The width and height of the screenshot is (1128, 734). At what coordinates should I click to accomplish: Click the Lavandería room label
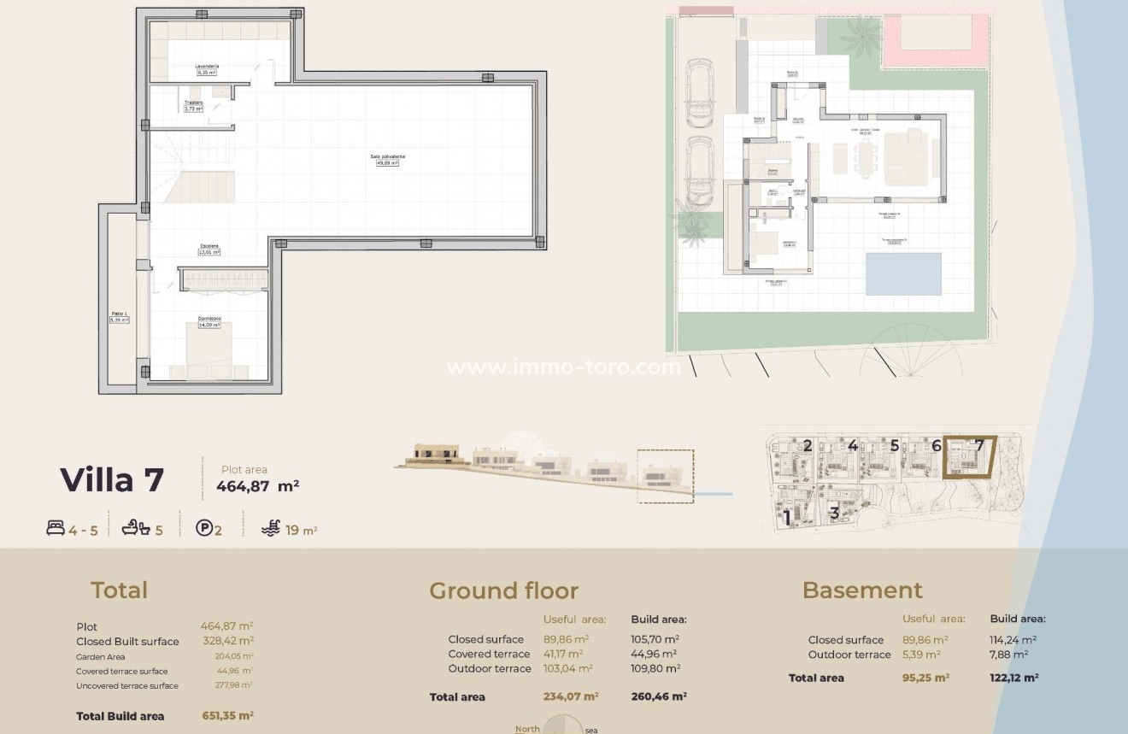click(x=208, y=66)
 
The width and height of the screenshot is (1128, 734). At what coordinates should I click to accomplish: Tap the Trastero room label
click(x=194, y=103)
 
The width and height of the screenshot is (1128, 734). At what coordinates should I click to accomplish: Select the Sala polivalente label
click(x=387, y=156)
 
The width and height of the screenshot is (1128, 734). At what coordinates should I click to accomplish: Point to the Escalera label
click(x=209, y=246)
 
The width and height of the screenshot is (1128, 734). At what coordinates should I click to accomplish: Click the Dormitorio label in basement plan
click(x=209, y=318)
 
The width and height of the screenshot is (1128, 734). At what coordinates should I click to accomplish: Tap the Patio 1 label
click(x=119, y=314)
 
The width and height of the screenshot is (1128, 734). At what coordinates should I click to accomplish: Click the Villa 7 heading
click(x=112, y=480)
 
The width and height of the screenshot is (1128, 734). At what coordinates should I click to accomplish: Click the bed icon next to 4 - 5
click(x=56, y=530)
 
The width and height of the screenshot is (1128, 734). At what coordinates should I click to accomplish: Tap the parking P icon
click(x=204, y=530)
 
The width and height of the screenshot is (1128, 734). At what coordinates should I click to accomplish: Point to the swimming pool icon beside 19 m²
click(x=270, y=530)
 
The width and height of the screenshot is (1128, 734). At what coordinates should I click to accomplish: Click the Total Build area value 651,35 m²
click(x=227, y=716)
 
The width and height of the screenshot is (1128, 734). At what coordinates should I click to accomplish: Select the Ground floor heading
click(x=503, y=590)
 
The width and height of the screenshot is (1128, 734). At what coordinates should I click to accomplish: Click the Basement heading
click(x=862, y=590)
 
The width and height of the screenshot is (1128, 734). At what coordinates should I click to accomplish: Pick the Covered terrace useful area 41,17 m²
click(x=563, y=654)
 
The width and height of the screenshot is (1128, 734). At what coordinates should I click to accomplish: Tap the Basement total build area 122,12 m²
click(x=1013, y=678)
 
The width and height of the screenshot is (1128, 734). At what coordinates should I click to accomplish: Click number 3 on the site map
click(x=834, y=514)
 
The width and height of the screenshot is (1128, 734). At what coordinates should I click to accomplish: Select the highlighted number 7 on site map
click(x=979, y=445)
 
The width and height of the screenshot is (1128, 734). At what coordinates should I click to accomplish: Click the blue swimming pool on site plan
click(x=903, y=273)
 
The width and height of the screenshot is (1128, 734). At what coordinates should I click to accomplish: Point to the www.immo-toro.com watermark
click(x=564, y=367)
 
